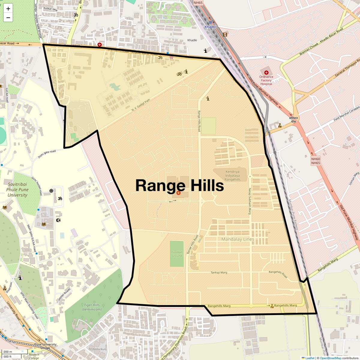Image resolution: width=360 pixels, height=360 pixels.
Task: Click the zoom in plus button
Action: [x=8, y=9]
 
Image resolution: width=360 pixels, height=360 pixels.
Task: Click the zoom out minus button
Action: [x=8, y=18]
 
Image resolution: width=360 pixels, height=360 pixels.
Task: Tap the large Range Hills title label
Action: [x=179, y=185]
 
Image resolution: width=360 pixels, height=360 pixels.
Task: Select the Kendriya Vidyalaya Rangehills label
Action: [x=232, y=175]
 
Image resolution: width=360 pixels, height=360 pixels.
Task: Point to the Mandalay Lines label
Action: [x=238, y=239]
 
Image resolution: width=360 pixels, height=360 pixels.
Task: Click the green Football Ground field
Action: [x=177, y=253]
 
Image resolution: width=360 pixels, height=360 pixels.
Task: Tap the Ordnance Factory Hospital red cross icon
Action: [x=266, y=72]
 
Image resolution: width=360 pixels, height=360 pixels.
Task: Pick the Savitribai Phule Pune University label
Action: [x=17, y=190]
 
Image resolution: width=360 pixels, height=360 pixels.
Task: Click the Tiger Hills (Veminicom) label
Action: [x=92, y=307]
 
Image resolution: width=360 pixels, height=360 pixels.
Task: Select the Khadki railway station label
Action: [x=210, y=27]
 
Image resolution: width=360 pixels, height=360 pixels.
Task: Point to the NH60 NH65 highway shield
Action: [x=316, y=161]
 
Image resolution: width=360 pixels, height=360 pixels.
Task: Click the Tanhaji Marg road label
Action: [x=219, y=273]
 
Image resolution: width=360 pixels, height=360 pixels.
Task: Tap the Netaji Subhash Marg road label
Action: [x=249, y=201]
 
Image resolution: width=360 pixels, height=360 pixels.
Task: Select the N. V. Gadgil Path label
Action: [x=140, y=106]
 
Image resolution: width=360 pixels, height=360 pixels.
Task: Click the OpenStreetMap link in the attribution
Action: [x=330, y=358]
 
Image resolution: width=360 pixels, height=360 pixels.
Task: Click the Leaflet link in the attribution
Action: [x=310, y=358]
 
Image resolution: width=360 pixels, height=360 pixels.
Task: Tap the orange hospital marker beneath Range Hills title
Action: [x=178, y=193]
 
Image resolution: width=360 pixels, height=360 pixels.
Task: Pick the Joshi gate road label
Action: [x=46, y=154]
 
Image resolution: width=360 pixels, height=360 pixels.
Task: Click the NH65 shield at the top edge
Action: [x=198, y=3]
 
